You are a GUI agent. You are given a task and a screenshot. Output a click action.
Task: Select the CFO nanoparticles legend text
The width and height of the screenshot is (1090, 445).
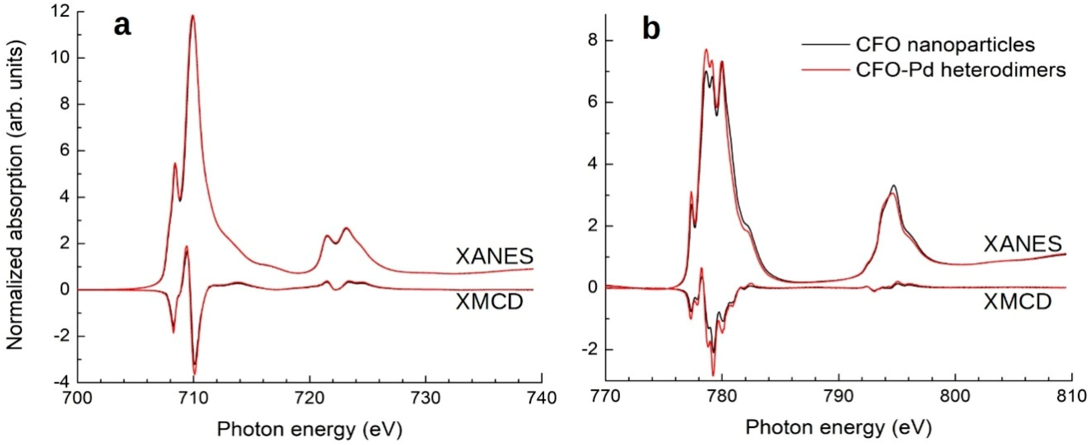click(945, 44)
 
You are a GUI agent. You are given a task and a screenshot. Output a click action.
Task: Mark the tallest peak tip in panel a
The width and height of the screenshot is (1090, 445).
click(193, 16)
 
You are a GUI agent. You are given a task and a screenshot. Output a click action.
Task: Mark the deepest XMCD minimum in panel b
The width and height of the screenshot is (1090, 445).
click(713, 375)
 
